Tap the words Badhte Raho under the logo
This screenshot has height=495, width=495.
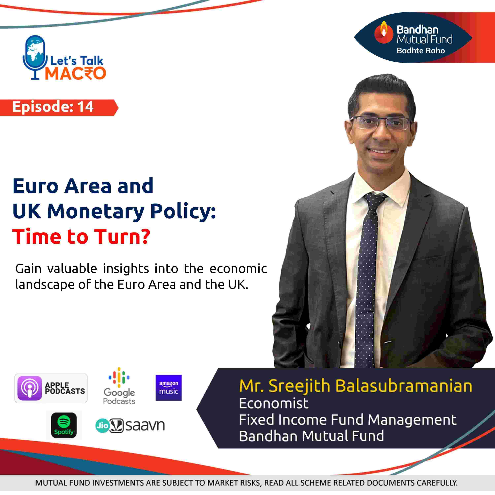pyautogui.click(x=421, y=50)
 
